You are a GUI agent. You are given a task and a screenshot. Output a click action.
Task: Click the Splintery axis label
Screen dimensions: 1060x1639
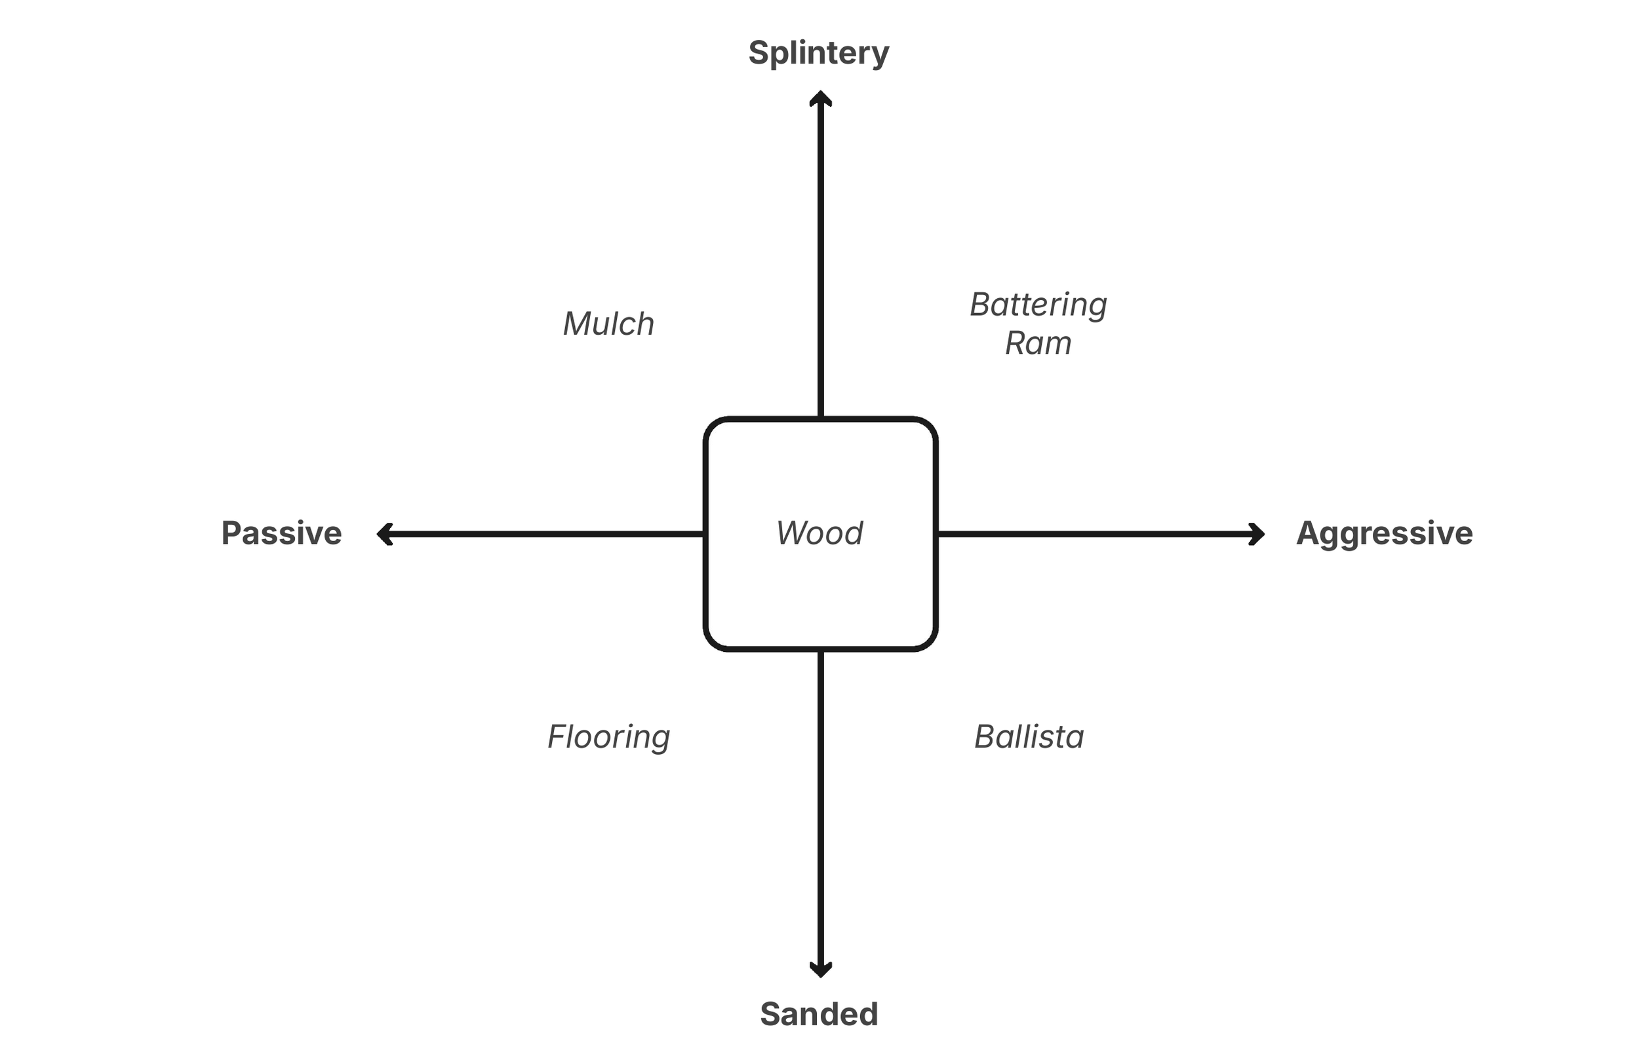pyautogui.click(x=819, y=53)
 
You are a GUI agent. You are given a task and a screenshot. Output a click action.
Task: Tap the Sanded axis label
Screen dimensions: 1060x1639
pyautogui.click(x=819, y=1014)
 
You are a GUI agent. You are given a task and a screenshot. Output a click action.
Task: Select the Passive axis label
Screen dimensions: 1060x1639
pyautogui.click(x=281, y=533)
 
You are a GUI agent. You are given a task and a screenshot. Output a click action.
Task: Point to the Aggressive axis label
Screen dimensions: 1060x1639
pyautogui.click(x=1384, y=533)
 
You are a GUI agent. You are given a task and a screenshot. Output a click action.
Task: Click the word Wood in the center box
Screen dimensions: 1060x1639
pyautogui.click(x=819, y=533)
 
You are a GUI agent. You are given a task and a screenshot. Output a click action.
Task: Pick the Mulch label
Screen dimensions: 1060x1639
pyautogui.click(x=608, y=324)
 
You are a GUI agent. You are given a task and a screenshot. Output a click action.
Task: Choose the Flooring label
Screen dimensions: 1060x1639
pyautogui.click(x=608, y=737)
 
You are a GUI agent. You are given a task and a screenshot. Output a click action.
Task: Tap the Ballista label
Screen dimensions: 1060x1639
pyautogui.click(x=1029, y=737)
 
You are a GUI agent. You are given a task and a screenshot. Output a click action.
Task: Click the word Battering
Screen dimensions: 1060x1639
pyautogui.click(x=1038, y=305)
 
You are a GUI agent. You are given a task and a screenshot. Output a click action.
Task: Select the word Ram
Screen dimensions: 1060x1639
pyautogui.click(x=1038, y=343)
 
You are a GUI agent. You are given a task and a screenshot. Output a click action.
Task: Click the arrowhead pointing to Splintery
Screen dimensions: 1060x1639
pyautogui.click(x=820, y=98)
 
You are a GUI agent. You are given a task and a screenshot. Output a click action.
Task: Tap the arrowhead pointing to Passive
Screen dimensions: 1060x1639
pyautogui.click(x=384, y=534)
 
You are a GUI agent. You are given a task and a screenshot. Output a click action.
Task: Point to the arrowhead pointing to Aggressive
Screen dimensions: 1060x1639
pyautogui.click(x=1257, y=534)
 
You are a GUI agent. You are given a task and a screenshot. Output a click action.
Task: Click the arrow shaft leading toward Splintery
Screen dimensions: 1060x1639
pyautogui.click(x=820, y=261)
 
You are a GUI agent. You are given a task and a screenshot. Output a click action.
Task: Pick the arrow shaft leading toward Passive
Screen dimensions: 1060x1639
pyautogui.click(x=544, y=534)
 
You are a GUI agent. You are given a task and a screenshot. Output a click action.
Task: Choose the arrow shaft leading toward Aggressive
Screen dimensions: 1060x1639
pyautogui.click(x=1095, y=534)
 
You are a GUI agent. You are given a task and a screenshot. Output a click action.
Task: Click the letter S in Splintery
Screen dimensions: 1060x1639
pyautogui.click(x=759, y=53)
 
